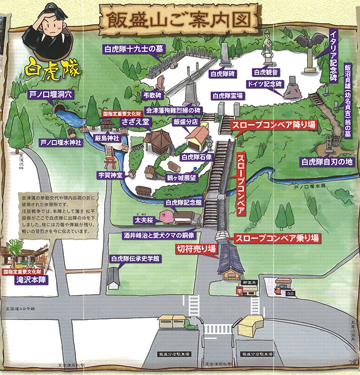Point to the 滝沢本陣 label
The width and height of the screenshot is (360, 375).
[29, 278]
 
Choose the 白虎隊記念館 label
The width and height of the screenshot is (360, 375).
[183, 202]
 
